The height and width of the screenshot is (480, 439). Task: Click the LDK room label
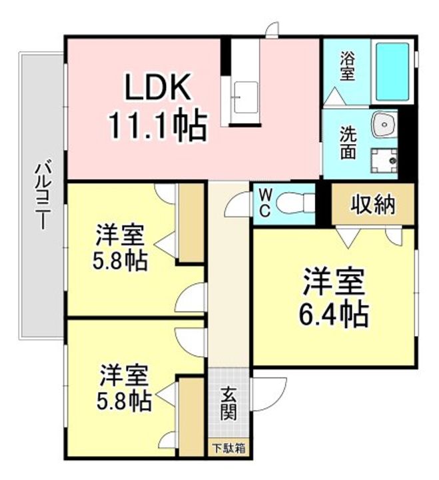(158, 87)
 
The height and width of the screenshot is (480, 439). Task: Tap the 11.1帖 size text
(158, 125)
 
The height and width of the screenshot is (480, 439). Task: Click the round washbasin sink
(384, 125)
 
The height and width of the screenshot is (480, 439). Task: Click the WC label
(265, 203)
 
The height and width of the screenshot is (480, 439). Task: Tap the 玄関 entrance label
(228, 404)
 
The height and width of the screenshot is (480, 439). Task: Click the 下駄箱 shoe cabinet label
(228, 449)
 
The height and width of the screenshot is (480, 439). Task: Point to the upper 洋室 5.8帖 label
(121, 246)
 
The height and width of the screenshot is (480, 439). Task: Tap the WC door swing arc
(236, 203)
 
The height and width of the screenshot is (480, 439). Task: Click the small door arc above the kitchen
(272, 29)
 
